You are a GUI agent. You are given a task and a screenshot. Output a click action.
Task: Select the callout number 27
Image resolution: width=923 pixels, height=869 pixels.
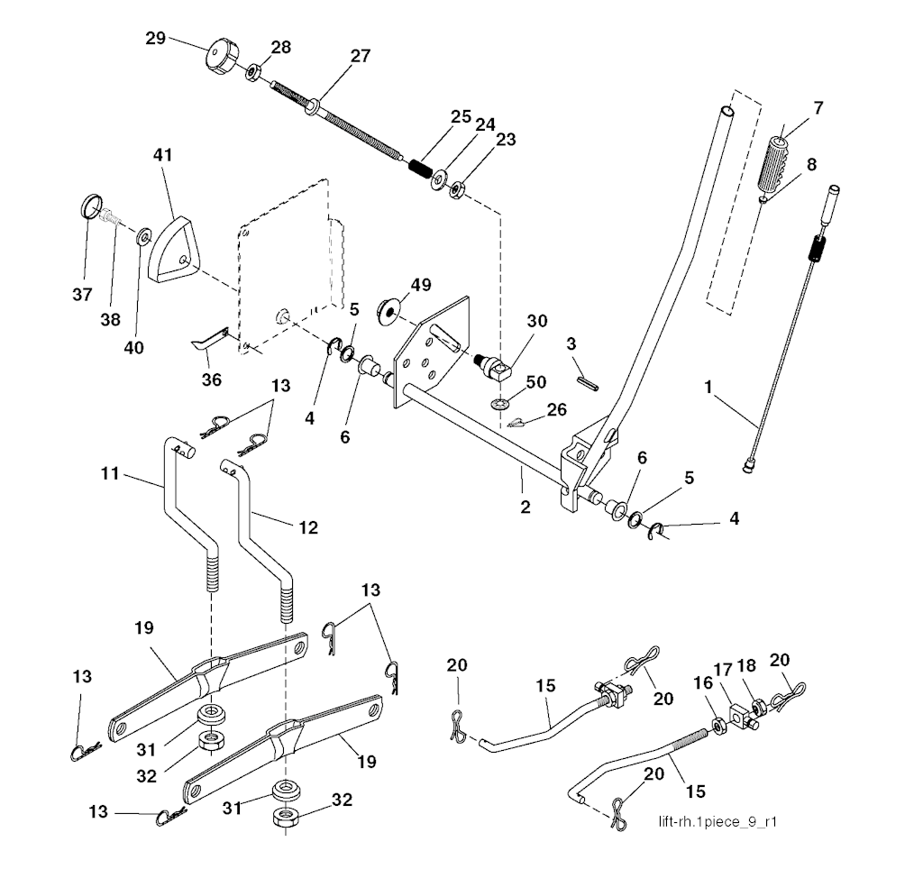pyautogui.click(x=360, y=55)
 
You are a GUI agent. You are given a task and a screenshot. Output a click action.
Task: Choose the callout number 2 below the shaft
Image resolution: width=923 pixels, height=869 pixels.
pyautogui.click(x=525, y=508)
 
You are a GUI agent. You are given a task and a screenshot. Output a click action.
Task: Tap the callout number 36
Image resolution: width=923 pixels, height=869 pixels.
pyautogui.click(x=211, y=380)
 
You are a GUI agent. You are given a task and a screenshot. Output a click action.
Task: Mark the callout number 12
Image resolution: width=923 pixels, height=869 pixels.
pyautogui.click(x=308, y=527)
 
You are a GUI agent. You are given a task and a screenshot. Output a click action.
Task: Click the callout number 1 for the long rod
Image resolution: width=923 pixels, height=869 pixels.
pyautogui.click(x=709, y=387)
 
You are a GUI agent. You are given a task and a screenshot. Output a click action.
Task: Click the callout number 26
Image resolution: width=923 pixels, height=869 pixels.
pyautogui.click(x=556, y=409)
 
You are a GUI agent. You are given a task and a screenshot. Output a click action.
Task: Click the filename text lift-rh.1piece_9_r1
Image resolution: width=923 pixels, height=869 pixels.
pyautogui.click(x=718, y=821)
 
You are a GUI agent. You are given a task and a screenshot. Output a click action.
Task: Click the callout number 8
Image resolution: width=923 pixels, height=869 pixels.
pyautogui.click(x=812, y=165)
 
